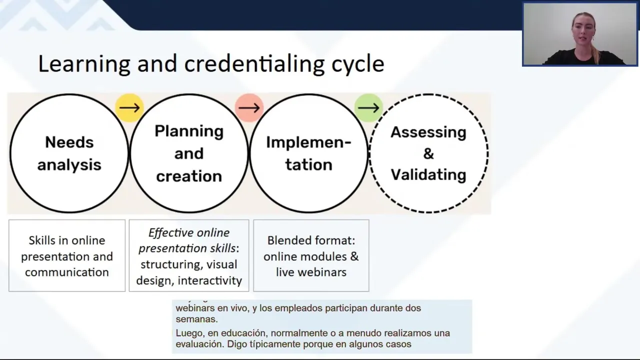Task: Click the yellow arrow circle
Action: [x=129, y=107]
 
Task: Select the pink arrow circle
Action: [x=249, y=107]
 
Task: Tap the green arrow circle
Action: [x=368, y=107]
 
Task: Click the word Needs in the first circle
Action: [x=69, y=142]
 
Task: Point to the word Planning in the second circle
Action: [x=188, y=131]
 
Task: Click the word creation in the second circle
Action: [x=188, y=176]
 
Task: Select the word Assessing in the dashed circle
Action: [x=428, y=132]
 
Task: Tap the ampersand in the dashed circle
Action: [x=428, y=153]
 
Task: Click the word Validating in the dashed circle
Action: [x=428, y=174]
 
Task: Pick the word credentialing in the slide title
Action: [x=255, y=64]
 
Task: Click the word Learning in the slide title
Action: [x=84, y=64]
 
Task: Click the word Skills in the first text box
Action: [x=42, y=240]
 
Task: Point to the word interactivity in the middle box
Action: [x=210, y=280]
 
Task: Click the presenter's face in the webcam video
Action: [x=582, y=29]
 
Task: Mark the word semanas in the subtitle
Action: [x=196, y=319]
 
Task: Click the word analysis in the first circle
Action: [x=69, y=164]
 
